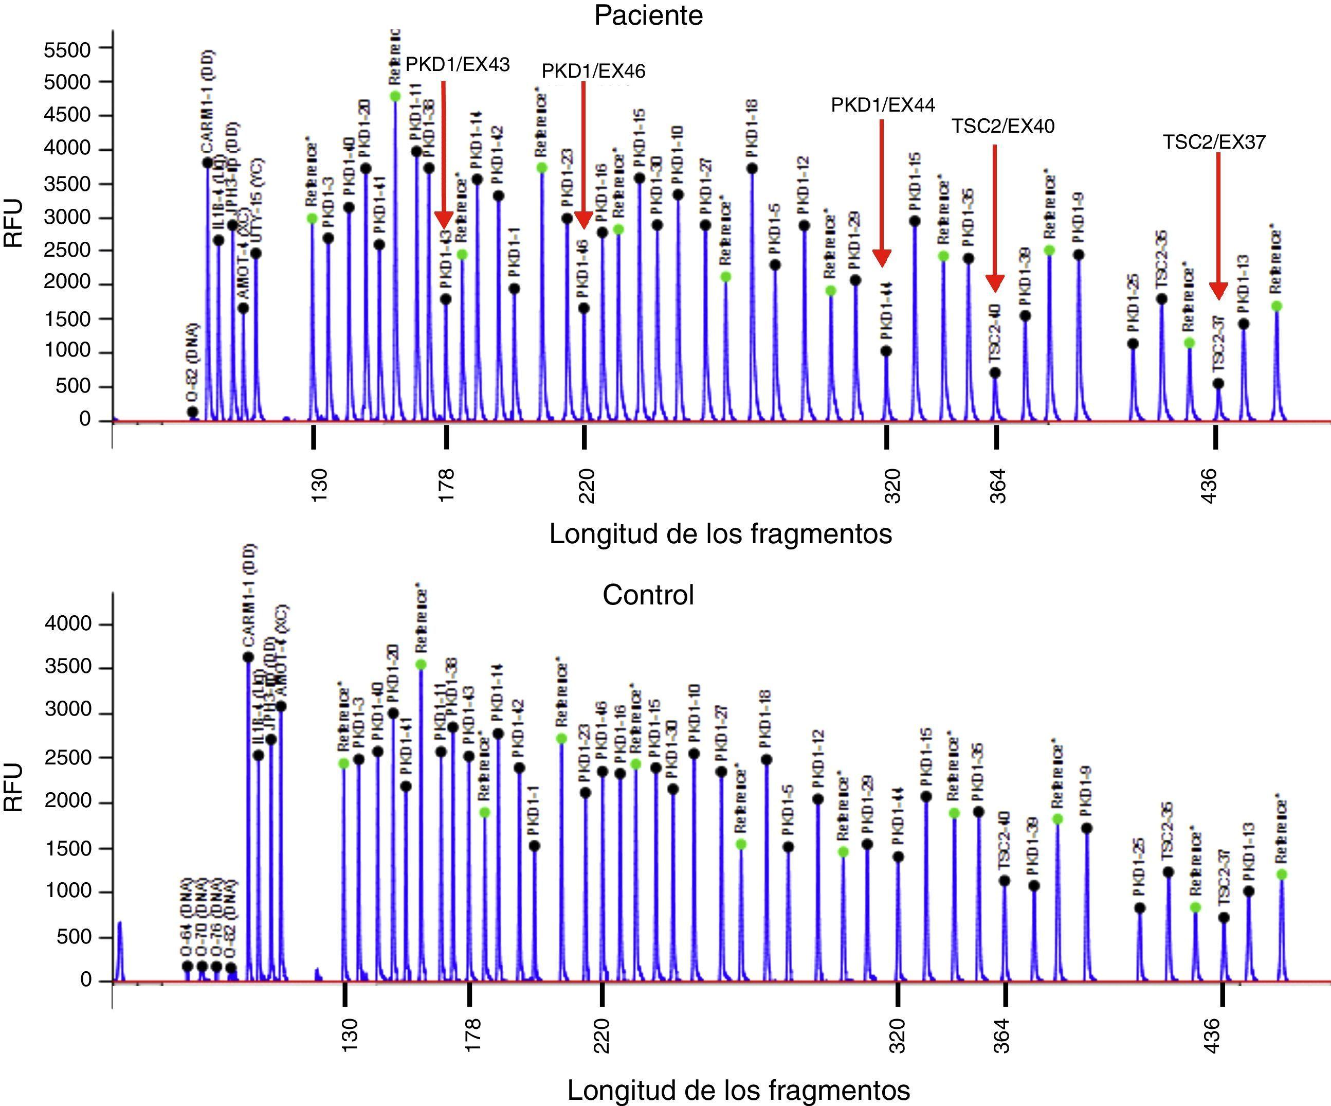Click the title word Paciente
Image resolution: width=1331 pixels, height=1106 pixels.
[648, 15]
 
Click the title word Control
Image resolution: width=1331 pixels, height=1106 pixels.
[648, 595]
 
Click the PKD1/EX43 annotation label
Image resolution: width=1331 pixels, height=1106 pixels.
[457, 64]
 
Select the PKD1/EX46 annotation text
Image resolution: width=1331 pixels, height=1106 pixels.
[593, 71]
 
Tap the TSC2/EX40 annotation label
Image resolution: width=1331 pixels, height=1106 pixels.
[1002, 126]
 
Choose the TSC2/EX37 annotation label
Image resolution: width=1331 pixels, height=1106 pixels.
[1214, 142]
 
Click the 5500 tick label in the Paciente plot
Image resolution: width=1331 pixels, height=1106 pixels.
[66, 49]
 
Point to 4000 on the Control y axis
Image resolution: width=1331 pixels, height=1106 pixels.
[68, 623]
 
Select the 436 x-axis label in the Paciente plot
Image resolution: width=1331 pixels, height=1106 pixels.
[1209, 486]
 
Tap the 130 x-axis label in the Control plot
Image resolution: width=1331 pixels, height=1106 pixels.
[349, 1035]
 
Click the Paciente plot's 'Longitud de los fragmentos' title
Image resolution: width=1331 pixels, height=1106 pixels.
[720, 533]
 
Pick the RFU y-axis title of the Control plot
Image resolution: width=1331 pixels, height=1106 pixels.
[14, 787]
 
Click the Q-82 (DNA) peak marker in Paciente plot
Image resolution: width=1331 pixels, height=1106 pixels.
[193, 412]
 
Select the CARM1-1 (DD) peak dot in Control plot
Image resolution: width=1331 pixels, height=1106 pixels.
[248, 657]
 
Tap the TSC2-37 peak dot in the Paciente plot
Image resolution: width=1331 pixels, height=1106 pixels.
[1217, 384]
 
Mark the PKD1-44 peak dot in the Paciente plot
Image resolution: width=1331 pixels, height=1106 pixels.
[886, 351]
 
